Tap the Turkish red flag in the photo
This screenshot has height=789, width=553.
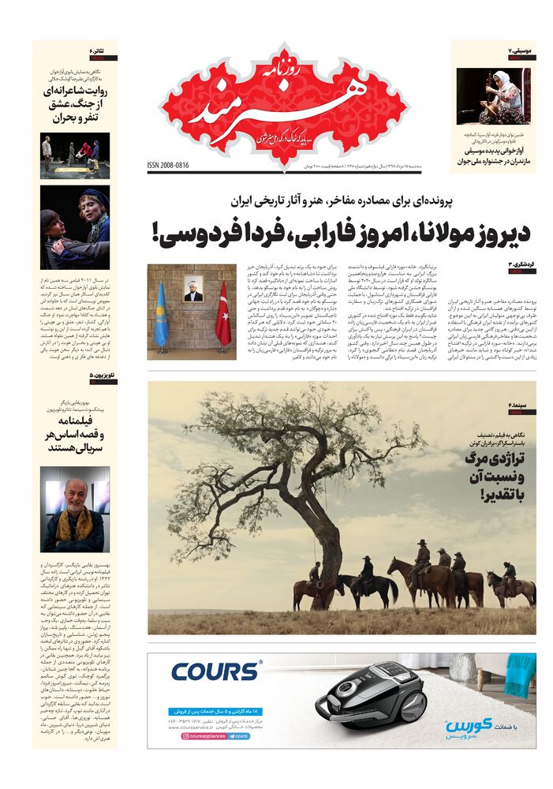223,314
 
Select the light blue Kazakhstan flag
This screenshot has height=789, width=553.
162,316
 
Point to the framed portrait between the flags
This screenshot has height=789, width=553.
193,288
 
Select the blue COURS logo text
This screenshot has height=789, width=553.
215,672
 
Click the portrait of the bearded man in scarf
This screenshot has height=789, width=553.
75,509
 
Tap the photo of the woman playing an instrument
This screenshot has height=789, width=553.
494,95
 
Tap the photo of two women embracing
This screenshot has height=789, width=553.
75,226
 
